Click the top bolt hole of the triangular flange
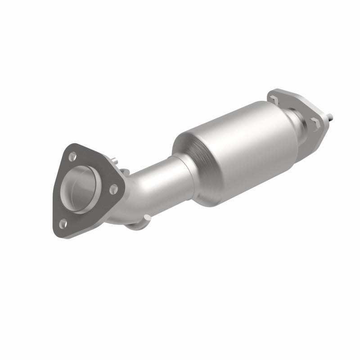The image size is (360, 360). (72, 157)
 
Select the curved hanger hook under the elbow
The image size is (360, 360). (135, 225)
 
